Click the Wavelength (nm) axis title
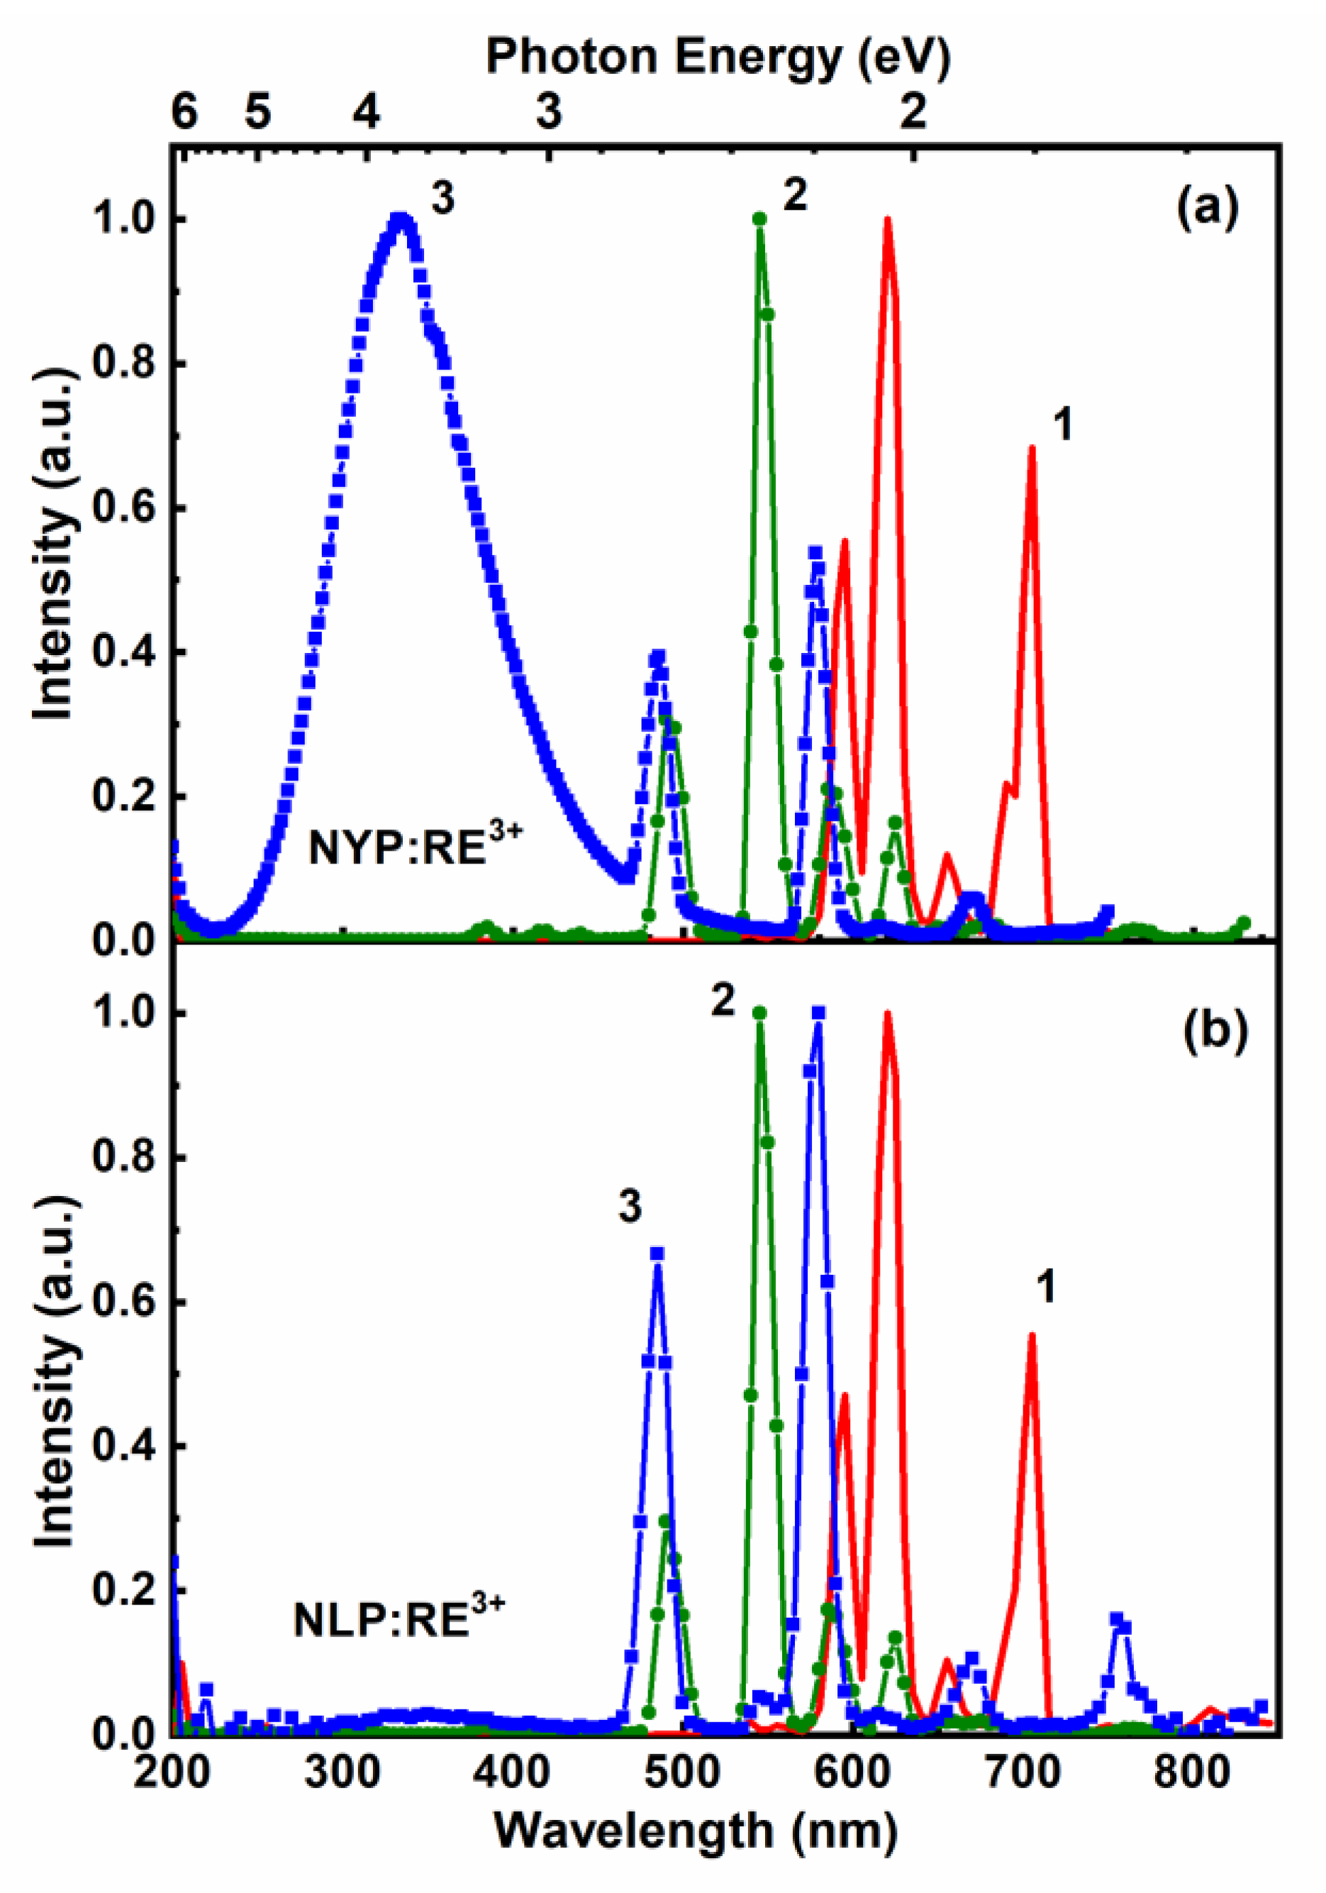(x=695, y=1832)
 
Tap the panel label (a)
(x=1206, y=208)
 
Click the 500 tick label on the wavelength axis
(x=683, y=1770)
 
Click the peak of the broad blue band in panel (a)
(x=401, y=219)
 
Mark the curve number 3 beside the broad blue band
(x=442, y=199)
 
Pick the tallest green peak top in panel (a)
(x=759, y=219)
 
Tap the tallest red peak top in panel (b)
(x=887, y=1014)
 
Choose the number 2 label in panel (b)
(x=723, y=1001)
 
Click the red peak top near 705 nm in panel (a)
(x=1031, y=447)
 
